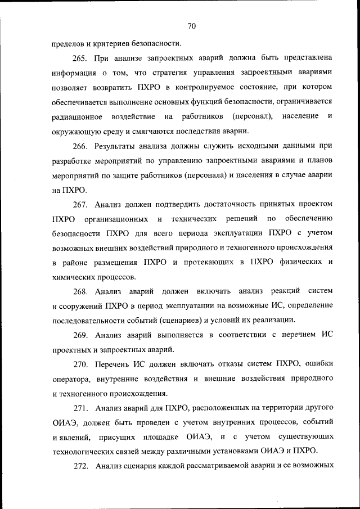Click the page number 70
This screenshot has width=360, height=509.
click(191, 26)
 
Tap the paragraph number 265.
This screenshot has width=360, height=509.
click(82, 58)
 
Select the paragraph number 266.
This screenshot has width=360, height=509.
click(82, 146)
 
